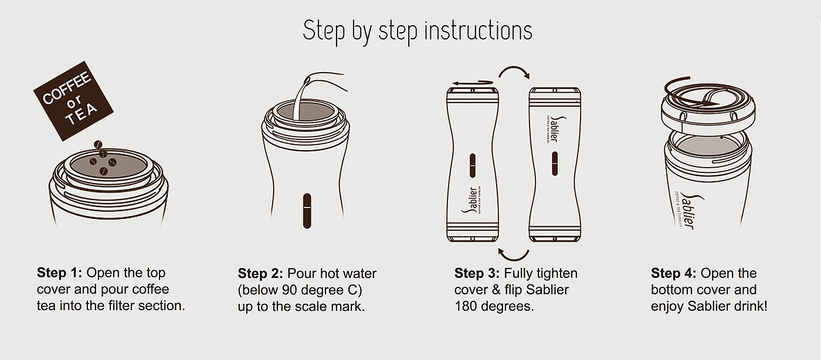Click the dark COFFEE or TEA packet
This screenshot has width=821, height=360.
[x=73, y=101]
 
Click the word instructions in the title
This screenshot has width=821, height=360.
[x=479, y=30]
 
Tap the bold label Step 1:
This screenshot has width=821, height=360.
[x=59, y=273]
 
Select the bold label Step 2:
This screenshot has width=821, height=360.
[x=260, y=273]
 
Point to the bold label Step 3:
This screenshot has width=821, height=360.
[x=477, y=273]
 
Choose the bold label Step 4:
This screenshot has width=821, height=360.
[x=673, y=273]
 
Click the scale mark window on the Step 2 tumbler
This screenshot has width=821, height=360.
[x=307, y=211]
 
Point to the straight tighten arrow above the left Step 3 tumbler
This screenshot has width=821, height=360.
[x=472, y=83]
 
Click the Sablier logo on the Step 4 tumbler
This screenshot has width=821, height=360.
[x=689, y=212]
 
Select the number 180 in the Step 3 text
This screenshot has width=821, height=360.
[x=466, y=306]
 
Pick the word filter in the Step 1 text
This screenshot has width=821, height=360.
[x=121, y=305]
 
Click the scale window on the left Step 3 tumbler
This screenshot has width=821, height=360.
[x=473, y=166]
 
